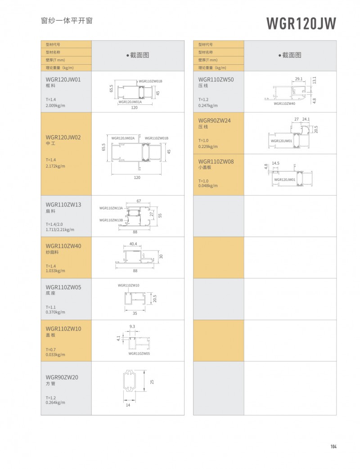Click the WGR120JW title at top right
point(301,23)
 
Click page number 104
point(333,447)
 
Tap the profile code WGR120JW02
point(63,137)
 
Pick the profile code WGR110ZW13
point(63,205)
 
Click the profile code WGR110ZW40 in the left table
point(63,246)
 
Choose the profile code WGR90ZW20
point(62,377)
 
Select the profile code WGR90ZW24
point(214,121)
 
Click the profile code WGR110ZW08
point(215,161)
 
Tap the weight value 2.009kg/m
point(55,105)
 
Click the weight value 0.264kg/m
point(55,402)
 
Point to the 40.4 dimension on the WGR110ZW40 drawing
point(133,244)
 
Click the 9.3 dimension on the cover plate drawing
point(132,326)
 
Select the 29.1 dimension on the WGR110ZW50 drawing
point(298,79)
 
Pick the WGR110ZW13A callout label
point(111,208)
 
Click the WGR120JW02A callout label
point(123,138)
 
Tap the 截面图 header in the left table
point(137,55)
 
